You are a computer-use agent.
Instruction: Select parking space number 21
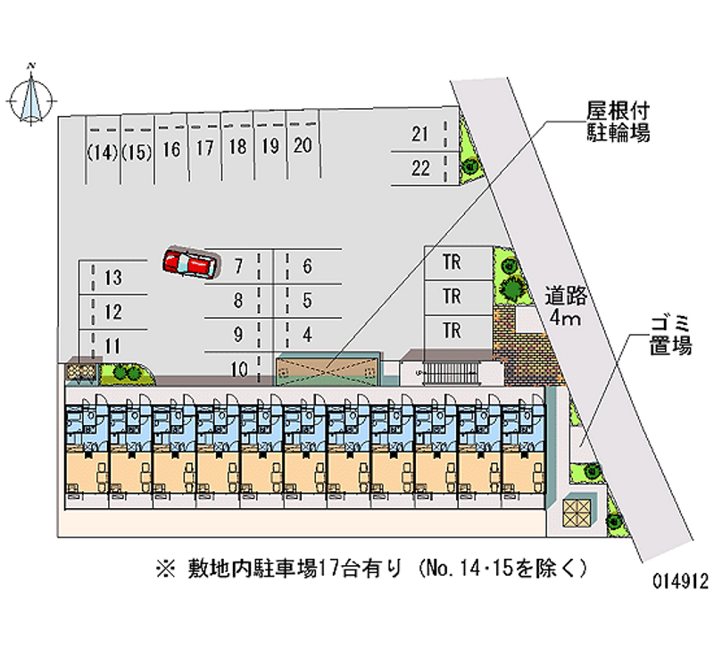[421, 135]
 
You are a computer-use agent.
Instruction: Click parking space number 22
[421, 167]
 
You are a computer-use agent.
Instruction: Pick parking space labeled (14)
[104, 150]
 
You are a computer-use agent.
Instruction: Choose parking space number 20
[302, 146]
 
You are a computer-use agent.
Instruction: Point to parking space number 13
[112, 279]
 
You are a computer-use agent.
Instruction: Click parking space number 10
[238, 367]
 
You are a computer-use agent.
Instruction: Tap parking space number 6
[307, 266]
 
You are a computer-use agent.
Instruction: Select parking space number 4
[307, 335]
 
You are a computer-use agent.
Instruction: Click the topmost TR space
[452, 263]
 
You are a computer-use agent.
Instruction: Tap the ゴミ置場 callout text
[669, 336]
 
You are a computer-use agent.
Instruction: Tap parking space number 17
[204, 148]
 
